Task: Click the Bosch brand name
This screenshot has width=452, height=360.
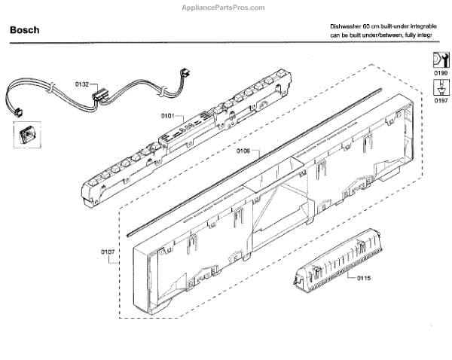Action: pos(25,31)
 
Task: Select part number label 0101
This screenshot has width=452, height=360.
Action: pos(167,115)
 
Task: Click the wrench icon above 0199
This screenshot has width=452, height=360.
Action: pos(436,60)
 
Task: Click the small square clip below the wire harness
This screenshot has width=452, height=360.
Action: pos(24,136)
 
